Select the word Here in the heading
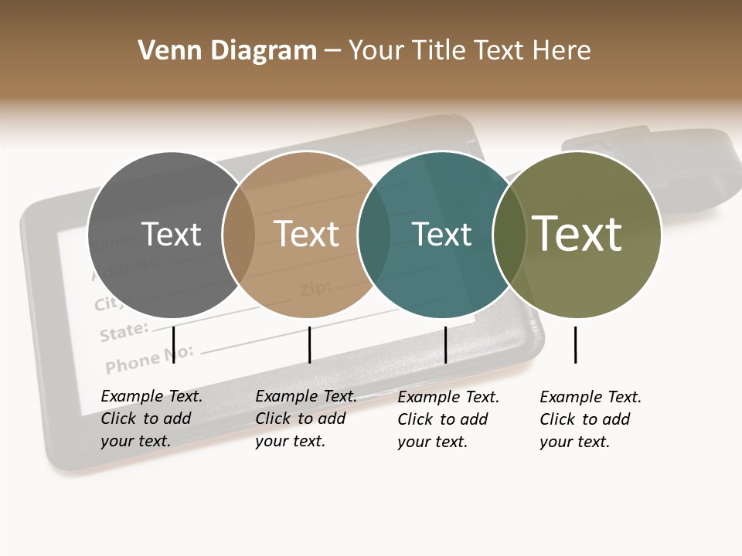[563, 51]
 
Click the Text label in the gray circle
[171, 234]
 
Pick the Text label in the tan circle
[306, 234]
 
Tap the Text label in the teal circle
[441, 234]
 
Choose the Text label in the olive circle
[577, 234]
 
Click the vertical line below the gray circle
[174, 344]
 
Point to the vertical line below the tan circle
[309, 344]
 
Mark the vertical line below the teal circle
[445, 344]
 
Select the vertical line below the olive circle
[575, 344]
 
